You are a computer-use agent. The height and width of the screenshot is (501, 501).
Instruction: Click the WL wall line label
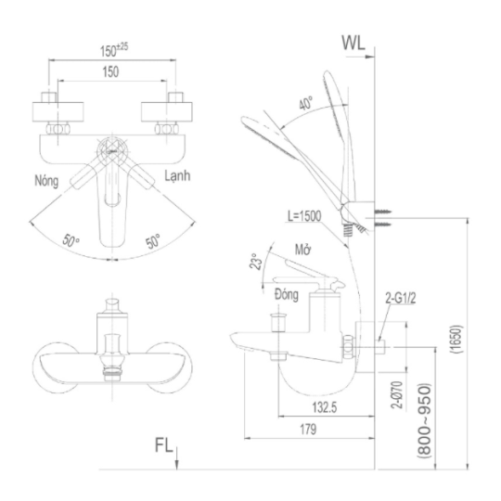tap(353, 43)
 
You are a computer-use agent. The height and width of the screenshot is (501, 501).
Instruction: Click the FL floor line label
tap(163, 444)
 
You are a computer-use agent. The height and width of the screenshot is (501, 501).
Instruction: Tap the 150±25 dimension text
tap(114, 50)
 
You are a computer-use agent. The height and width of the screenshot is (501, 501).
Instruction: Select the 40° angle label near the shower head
tap(306, 103)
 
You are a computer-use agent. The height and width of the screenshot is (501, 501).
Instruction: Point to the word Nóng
tap(46, 181)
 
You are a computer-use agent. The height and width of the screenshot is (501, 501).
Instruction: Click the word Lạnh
tap(177, 175)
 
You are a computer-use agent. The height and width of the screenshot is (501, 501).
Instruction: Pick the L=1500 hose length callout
tap(304, 216)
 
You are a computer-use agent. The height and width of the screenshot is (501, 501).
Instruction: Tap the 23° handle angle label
tap(256, 262)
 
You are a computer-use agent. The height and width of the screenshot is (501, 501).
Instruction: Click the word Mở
tap(302, 250)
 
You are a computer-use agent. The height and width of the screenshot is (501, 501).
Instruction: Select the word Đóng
tap(287, 294)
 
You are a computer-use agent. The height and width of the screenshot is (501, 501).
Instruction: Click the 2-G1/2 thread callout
tap(401, 299)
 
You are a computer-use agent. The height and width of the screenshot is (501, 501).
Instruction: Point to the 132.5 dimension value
tap(325, 407)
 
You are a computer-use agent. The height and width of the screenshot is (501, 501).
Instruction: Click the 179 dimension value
tap(308, 430)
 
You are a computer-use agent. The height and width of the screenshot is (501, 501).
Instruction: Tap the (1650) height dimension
tap(456, 339)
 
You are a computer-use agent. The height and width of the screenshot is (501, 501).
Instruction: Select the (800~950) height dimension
tap(425, 421)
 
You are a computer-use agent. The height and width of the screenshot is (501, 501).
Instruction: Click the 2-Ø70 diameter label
tap(398, 394)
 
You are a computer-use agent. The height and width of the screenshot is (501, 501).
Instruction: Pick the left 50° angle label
tap(71, 240)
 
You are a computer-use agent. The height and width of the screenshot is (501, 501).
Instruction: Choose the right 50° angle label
tap(153, 240)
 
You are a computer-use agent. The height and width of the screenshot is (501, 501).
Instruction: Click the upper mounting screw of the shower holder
tap(383, 212)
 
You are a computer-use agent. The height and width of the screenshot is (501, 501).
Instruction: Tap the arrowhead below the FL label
tap(177, 464)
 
